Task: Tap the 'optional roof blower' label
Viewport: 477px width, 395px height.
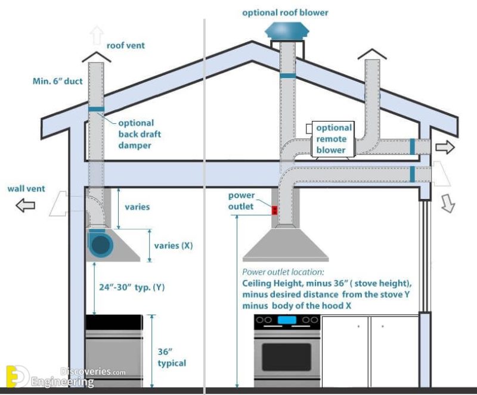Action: (285, 12)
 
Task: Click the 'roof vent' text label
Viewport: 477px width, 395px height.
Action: (125, 45)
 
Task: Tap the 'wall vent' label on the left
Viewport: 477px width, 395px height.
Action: (24, 189)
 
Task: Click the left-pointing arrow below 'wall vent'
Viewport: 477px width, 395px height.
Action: (25, 206)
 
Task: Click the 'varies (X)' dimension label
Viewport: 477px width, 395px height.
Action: (174, 245)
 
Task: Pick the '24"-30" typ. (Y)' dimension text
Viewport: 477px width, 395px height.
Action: (132, 287)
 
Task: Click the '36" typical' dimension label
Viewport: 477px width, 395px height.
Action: (172, 357)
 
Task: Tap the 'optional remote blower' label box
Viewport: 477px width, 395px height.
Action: (331, 139)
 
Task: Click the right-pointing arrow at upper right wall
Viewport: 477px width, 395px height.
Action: (445, 147)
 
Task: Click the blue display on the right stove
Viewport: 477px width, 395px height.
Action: (287, 321)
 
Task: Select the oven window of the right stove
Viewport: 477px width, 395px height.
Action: (286, 356)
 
